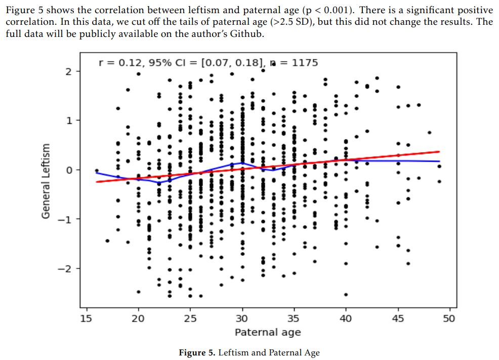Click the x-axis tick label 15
(86, 319)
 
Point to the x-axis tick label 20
(138, 319)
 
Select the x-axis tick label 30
(242, 319)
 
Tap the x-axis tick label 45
(397, 319)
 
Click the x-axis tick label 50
(449, 319)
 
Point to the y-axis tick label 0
(69, 170)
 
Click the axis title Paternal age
(268, 332)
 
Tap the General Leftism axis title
(47, 181)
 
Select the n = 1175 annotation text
(294, 63)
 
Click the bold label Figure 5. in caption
(196, 352)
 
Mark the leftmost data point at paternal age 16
(97, 171)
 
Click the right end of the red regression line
(439, 151)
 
